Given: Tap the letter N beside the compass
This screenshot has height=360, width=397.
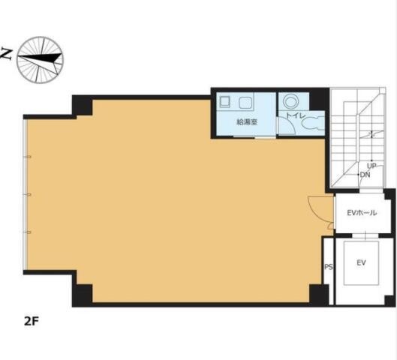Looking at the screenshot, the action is click(7, 54).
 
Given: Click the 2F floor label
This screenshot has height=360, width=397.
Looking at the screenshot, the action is click(32, 321).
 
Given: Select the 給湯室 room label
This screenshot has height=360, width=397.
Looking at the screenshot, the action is click(247, 122).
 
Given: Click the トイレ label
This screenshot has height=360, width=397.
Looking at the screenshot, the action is click(296, 115).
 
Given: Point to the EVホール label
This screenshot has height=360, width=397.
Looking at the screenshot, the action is click(362, 213).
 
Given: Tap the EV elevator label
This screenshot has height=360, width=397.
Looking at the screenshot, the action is click(361, 262).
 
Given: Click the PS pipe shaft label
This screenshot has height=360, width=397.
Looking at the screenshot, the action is click(329, 267).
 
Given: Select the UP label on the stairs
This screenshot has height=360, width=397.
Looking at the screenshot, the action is click(371, 166).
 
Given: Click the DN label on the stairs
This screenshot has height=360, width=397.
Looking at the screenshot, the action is click(365, 175).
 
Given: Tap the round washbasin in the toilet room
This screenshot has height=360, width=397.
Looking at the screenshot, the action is click(290, 102).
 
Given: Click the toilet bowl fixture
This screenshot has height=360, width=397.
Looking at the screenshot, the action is click(313, 124).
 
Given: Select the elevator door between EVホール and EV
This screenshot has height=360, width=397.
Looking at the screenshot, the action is click(365, 235).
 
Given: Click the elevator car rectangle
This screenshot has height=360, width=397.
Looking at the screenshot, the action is click(361, 263).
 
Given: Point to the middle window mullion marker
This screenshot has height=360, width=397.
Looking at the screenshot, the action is click(29, 194).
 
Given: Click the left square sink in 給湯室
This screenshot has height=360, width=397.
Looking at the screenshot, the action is click(224, 102).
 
